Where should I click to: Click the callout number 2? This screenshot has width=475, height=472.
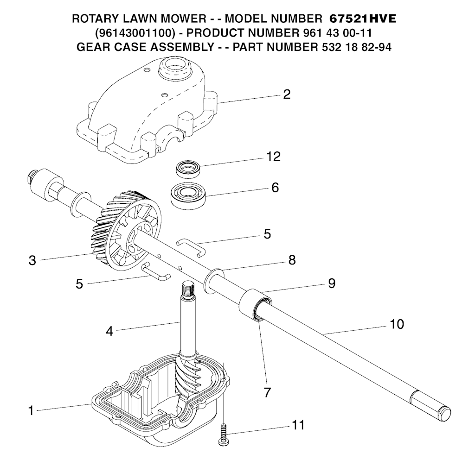(x=287, y=94)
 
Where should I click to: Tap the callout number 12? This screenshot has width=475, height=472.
(x=273, y=157)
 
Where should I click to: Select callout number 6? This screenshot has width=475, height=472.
(x=275, y=188)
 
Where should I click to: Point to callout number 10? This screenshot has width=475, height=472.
(x=397, y=324)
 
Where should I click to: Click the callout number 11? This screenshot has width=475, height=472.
(x=298, y=425)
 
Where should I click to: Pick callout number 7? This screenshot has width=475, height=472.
(x=267, y=393)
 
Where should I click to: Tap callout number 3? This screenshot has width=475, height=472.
(x=32, y=260)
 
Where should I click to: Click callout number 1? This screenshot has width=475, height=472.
(x=31, y=411)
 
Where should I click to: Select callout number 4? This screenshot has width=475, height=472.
(x=109, y=332)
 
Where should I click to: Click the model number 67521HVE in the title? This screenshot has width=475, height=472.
(x=363, y=19)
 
